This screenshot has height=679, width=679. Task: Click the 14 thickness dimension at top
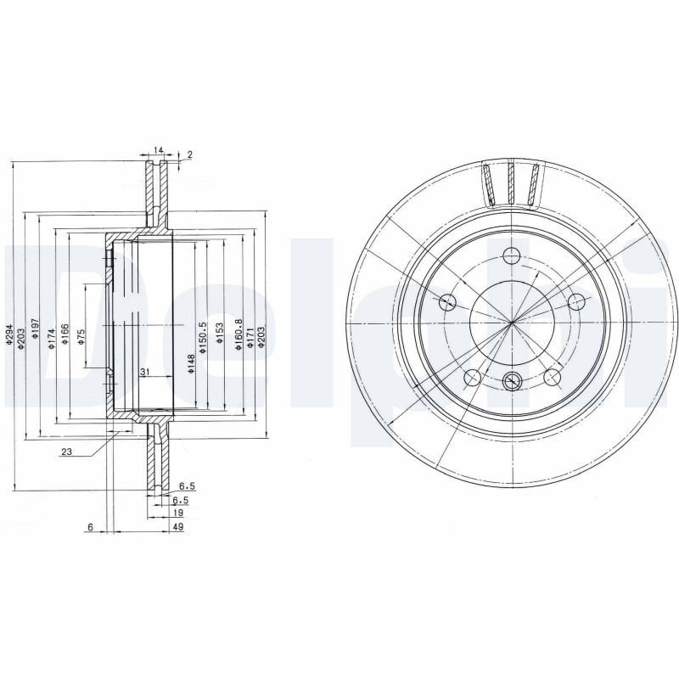pyautogui.click(x=157, y=149)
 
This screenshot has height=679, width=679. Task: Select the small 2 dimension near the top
pyautogui.click(x=190, y=154)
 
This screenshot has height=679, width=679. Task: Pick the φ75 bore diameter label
pyautogui.click(x=81, y=337)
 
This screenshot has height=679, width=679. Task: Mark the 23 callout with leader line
pyautogui.click(x=66, y=452)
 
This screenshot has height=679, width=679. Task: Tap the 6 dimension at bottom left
pyautogui.click(x=89, y=528)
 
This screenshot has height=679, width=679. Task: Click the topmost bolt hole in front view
pyautogui.click(x=512, y=255)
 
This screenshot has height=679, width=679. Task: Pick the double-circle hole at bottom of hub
pyautogui.click(x=512, y=381)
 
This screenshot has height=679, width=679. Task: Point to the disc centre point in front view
pyautogui.click(x=512, y=322)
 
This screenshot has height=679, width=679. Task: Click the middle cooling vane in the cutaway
pyautogui.click(x=512, y=184)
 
